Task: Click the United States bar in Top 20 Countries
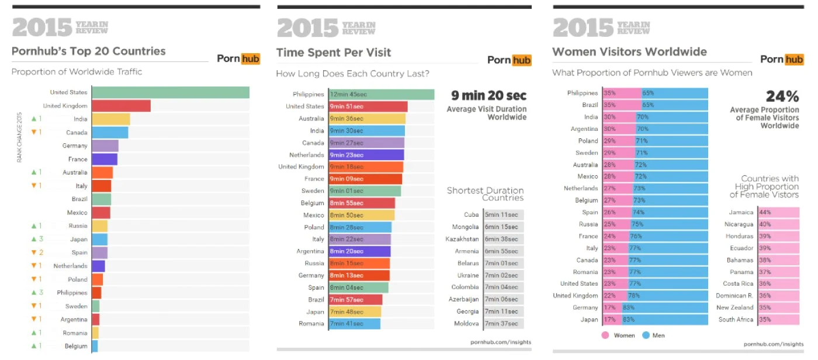(171, 92)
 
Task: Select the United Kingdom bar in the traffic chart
(122, 106)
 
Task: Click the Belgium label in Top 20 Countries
(76, 346)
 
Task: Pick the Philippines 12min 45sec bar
(382, 94)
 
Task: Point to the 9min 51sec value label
(346, 106)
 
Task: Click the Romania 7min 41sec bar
(355, 324)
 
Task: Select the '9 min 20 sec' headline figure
(488, 96)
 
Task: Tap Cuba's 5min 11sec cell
(504, 214)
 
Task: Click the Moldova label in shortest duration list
(466, 324)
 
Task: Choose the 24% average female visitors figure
(782, 96)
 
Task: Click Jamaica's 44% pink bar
(779, 213)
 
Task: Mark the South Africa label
(736, 320)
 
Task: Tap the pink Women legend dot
(605, 335)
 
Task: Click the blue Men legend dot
(646, 335)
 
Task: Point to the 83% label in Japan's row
(629, 320)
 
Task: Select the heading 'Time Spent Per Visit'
(334, 53)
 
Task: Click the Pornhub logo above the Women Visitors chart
(782, 59)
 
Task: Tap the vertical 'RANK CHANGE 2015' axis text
(19, 137)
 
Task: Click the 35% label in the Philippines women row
(609, 93)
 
